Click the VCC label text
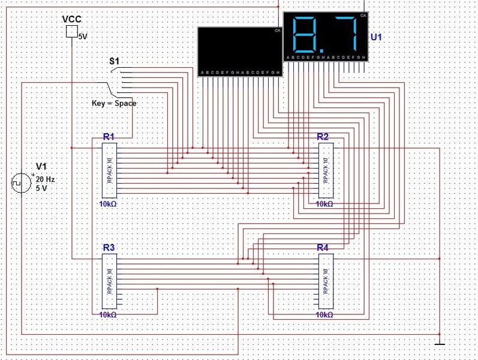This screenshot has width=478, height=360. click(71, 20)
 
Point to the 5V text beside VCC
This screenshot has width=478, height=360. click(83, 37)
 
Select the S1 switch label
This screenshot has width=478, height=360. click(114, 61)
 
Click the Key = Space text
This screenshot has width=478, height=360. click(114, 103)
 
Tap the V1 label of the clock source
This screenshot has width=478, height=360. click(41, 166)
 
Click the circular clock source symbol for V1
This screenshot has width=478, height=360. click(20, 183)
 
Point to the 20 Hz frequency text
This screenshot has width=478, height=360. click(46, 179)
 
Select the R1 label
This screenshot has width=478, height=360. click(109, 137)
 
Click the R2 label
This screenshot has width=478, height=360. click(323, 137)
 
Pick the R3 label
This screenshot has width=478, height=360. click(109, 247)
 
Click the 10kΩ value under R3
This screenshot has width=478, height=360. click(108, 314)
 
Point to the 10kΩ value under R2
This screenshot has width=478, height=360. click(324, 204)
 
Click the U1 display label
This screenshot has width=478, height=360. click(376, 37)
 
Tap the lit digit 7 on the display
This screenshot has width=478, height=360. click(347, 34)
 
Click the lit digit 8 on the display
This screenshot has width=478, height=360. click(306, 34)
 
